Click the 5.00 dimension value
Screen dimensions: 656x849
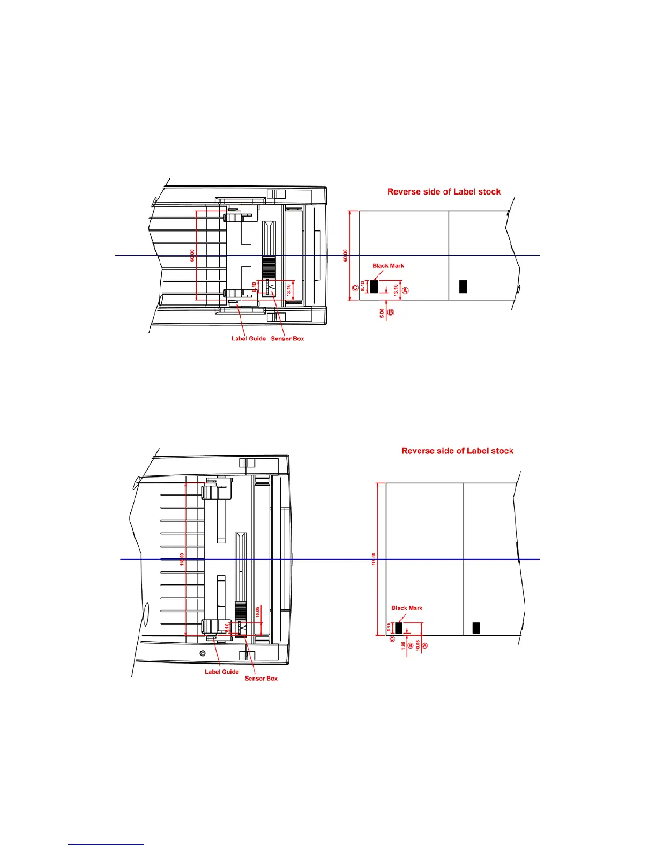point(382,313)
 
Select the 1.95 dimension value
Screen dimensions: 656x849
point(403,646)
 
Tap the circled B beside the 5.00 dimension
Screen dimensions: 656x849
point(391,312)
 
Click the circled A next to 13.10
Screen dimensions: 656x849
point(405,291)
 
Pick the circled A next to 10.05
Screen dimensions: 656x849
point(425,646)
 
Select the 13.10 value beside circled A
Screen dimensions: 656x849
point(396,290)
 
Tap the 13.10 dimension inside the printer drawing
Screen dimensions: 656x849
point(289,290)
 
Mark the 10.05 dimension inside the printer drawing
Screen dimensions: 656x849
point(258,612)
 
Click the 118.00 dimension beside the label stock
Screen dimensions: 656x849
point(374,559)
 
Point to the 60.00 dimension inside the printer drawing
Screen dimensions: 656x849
point(192,256)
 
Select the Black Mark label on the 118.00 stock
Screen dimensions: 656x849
point(407,608)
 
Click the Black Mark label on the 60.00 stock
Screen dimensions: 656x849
point(388,266)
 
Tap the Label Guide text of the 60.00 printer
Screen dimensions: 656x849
point(248,339)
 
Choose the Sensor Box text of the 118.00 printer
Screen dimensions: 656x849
point(261,679)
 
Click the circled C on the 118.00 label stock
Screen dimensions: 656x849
point(392,639)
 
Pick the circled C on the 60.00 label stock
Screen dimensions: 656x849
point(355,288)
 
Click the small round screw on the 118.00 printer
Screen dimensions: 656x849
point(203,653)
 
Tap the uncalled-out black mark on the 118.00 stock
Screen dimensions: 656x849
point(476,628)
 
